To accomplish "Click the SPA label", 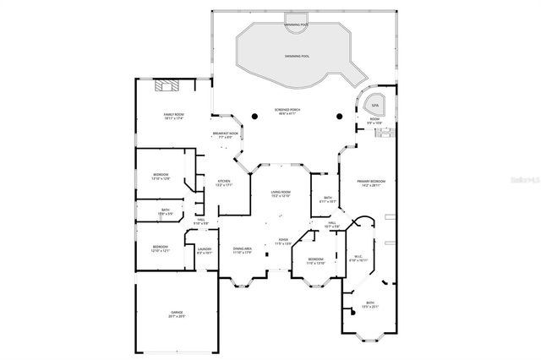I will pyautogui.click(x=375, y=105).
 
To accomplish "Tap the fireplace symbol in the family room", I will pyautogui.click(x=167, y=85).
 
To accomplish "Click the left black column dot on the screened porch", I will pyautogui.click(x=254, y=116).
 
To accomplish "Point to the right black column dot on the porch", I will pyautogui.click(x=338, y=116).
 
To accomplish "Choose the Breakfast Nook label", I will pyautogui.click(x=225, y=134).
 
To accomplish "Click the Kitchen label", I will pyautogui.click(x=224, y=183).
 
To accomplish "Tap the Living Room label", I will pyautogui.click(x=281, y=194).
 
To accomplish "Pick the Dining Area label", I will pyautogui.click(x=243, y=250).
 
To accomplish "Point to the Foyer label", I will pyautogui.click(x=282, y=241).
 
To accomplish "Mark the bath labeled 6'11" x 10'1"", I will pyautogui.click(x=330, y=199).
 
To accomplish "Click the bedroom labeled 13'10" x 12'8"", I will pyautogui.click(x=161, y=176).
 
